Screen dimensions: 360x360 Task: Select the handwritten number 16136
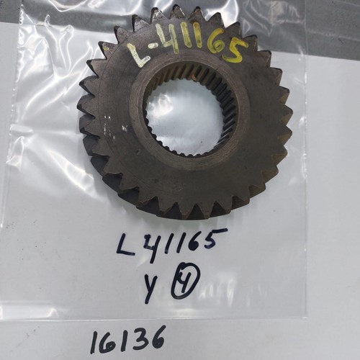[127, 339]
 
